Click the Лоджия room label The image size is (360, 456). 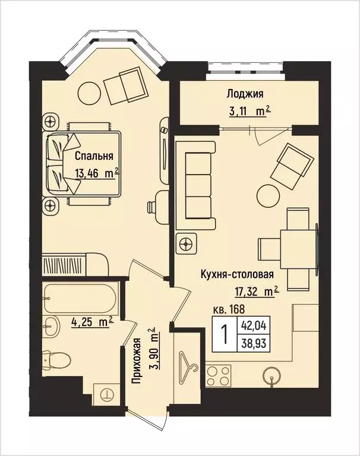point(244,93)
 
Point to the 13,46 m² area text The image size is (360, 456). point(96,173)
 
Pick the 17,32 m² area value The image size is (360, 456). point(257,291)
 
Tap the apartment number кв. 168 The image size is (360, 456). point(229,309)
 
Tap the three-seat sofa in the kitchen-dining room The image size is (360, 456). point(198,185)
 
